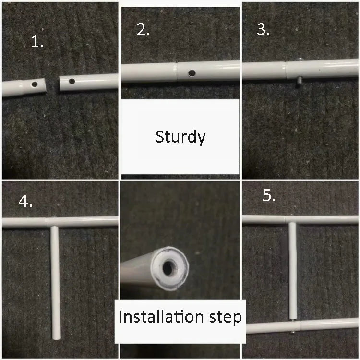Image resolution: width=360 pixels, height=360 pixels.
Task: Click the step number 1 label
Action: point(37,42)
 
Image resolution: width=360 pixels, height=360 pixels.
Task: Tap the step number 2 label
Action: point(143,30)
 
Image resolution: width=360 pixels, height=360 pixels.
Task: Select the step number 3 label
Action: point(263,30)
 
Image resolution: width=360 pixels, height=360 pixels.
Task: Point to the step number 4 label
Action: point(25,201)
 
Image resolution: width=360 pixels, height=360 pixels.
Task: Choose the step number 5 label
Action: point(269,196)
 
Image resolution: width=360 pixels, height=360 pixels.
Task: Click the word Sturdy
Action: point(180,137)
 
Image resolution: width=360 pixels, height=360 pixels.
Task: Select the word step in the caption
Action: point(225,318)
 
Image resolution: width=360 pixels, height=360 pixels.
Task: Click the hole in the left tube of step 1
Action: point(35,84)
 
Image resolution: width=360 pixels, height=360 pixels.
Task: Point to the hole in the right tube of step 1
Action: point(72,81)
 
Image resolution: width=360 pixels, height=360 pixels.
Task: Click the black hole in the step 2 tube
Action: point(192,73)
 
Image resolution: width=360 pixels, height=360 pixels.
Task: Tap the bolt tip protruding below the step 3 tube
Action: point(300,81)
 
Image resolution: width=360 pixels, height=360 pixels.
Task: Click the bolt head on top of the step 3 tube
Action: point(299,60)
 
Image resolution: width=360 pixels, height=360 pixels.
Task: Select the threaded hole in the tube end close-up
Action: point(169,267)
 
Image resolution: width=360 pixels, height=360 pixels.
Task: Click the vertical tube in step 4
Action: point(56,283)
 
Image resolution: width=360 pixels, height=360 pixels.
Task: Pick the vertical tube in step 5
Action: point(293,271)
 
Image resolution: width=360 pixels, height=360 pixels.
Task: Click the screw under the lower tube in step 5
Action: point(293,332)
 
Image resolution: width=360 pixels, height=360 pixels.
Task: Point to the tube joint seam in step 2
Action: point(177,72)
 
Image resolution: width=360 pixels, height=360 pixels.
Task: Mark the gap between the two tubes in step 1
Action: point(53,84)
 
